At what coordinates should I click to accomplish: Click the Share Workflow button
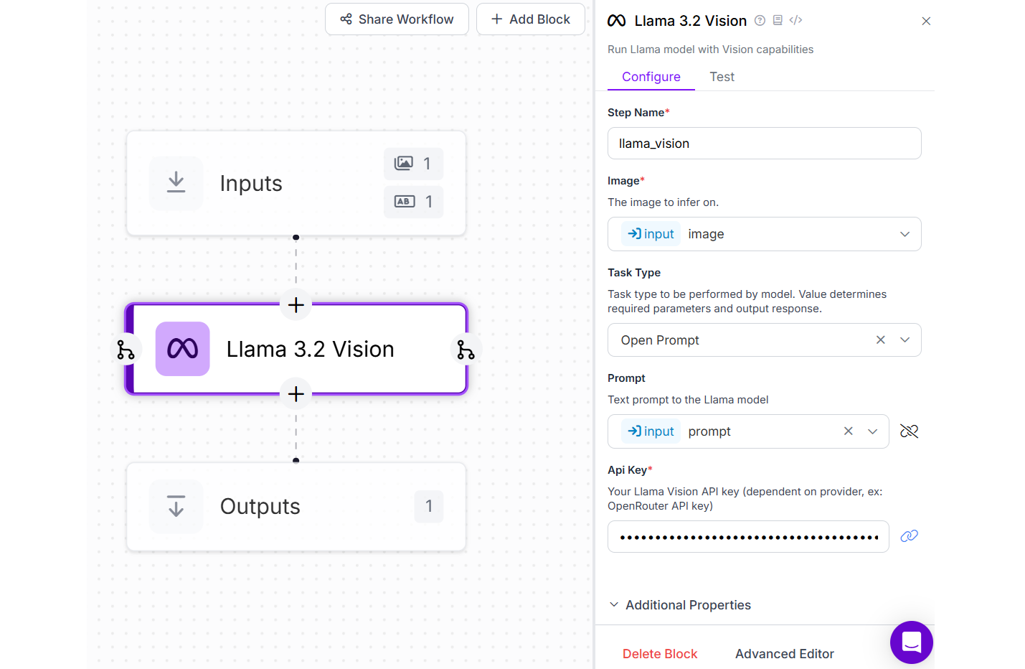(397, 19)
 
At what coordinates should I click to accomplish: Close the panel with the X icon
(926, 22)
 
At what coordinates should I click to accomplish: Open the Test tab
(722, 77)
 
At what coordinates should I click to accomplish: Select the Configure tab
(651, 77)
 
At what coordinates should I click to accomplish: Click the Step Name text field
(764, 144)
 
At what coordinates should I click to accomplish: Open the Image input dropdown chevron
(904, 234)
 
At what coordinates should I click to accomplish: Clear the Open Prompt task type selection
(881, 340)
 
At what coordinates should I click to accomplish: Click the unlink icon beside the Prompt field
(909, 431)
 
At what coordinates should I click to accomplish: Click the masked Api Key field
(748, 537)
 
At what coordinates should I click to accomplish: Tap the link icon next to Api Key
(909, 536)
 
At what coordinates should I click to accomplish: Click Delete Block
(660, 654)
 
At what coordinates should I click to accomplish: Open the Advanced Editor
(784, 654)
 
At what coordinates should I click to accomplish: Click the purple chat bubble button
(911, 642)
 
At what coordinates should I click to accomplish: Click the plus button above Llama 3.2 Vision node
(296, 305)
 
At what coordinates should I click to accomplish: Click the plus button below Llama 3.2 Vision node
(296, 394)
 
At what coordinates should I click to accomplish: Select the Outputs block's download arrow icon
(176, 506)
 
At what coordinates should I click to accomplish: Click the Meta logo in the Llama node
(183, 349)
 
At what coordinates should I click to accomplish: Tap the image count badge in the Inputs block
(413, 164)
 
